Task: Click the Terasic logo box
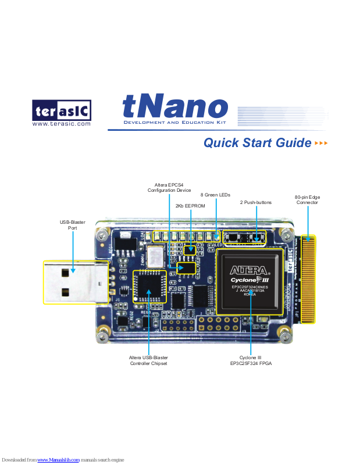tap(61, 110)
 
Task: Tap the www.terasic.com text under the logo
tap(61, 124)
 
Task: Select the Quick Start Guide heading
tap(257, 143)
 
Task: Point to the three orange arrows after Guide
tap(321, 143)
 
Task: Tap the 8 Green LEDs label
tap(215, 195)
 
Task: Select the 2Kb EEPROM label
tap(190, 206)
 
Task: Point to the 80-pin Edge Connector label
tap(306, 200)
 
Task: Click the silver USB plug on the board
tap(74, 282)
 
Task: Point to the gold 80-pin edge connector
tap(308, 279)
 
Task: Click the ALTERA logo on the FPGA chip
tap(249, 270)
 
